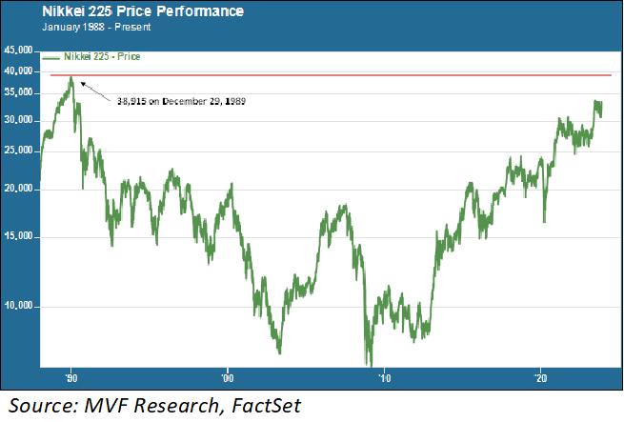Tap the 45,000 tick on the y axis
pos(18,49)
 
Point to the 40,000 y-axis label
pos(18,70)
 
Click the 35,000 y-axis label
pos(18,93)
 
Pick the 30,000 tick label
pos(18,121)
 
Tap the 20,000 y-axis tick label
pos(18,190)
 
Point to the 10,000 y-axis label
pos(18,306)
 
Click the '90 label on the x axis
pos(70,377)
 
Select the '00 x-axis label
pos(227,377)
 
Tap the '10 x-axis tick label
pos(384,377)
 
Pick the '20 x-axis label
pos(540,377)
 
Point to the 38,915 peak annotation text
pos(182,101)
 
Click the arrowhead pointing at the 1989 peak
pos(81,83)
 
